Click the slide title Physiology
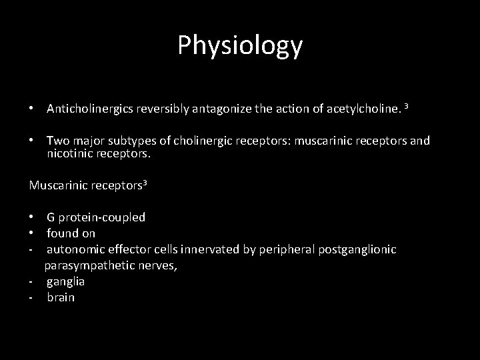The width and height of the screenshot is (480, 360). pos(240,45)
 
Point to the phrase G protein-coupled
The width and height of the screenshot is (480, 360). pos(96,217)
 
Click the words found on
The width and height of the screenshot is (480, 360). pos(71,233)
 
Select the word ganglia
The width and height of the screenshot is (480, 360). pos(65,281)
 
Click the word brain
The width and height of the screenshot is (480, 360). pos(61,297)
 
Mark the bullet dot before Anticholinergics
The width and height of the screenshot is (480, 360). pos(32,109)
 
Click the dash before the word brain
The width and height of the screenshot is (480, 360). pos(31,297)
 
